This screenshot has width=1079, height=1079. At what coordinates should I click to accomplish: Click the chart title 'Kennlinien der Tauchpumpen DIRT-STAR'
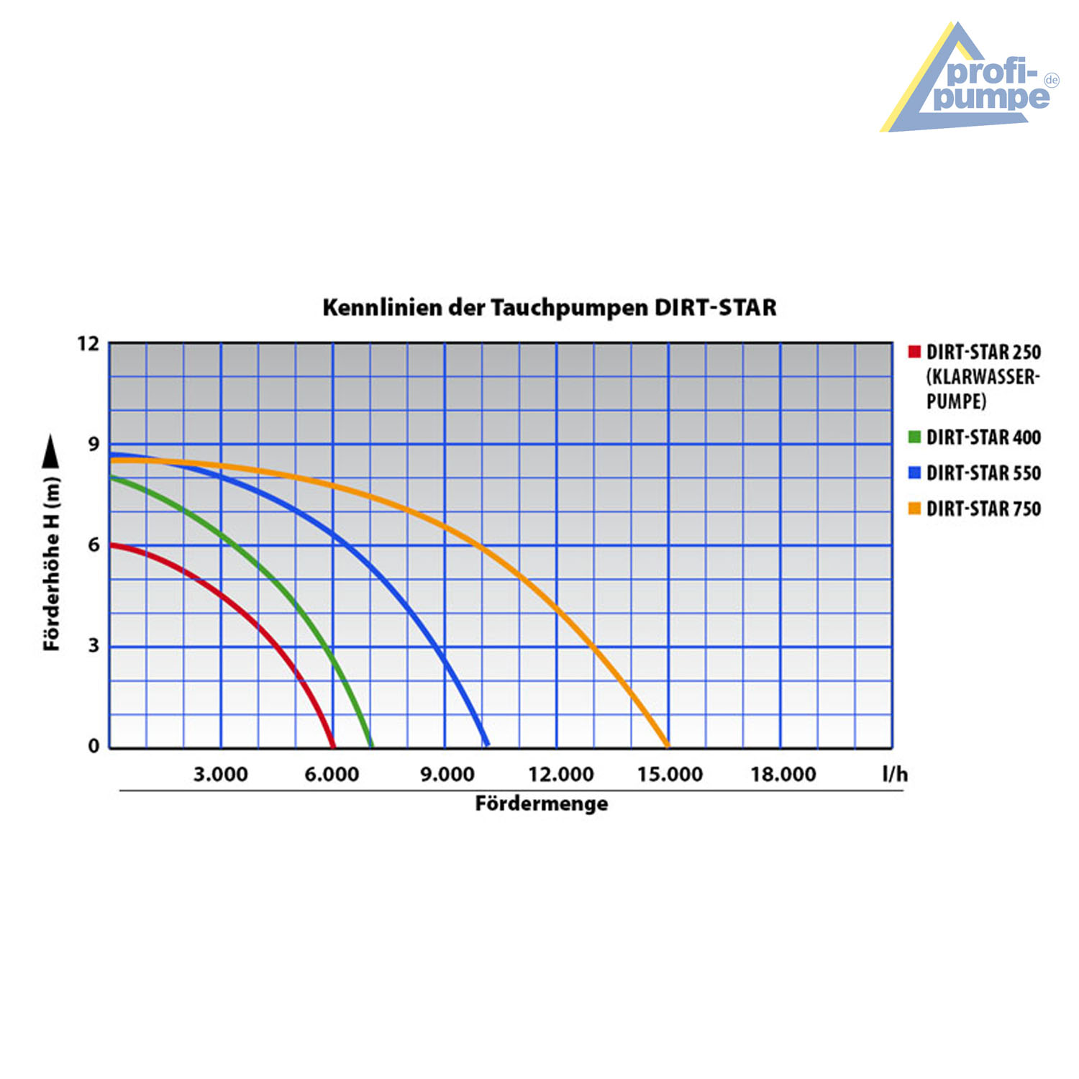tap(550, 308)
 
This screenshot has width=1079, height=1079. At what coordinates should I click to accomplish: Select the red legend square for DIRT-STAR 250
tap(914, 352)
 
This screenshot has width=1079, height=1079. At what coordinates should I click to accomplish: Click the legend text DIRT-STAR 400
tap(983, 437)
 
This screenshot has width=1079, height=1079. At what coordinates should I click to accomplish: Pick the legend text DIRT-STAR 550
tap(983, 473)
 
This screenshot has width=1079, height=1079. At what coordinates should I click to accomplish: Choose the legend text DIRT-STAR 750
tap(983, 509)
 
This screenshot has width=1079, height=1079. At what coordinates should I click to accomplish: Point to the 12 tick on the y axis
tap(88, 344)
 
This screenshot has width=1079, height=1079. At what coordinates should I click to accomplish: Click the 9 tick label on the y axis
tap(94, 445)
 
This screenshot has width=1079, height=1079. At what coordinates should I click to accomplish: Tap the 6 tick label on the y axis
tap(94, 545)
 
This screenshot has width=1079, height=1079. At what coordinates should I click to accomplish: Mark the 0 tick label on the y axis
tap(94, 746)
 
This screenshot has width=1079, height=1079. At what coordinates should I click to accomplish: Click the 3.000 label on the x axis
tap(220, 775)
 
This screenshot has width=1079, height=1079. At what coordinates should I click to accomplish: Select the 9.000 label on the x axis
tap(447, 775)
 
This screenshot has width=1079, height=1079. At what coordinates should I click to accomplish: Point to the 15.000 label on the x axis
tap(670, 775)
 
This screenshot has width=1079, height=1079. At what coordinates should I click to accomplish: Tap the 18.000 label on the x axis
tap(783, 775)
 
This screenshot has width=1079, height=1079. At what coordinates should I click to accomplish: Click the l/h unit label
tap(895, 774)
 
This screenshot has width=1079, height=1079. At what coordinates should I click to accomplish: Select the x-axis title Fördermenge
tap(541, 803)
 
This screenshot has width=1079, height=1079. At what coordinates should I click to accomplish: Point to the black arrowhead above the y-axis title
tap(52, 451)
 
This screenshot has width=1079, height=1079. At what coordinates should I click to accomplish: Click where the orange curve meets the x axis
tap(667, 745)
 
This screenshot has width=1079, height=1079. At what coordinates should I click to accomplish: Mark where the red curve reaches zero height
tap(332, 745)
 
